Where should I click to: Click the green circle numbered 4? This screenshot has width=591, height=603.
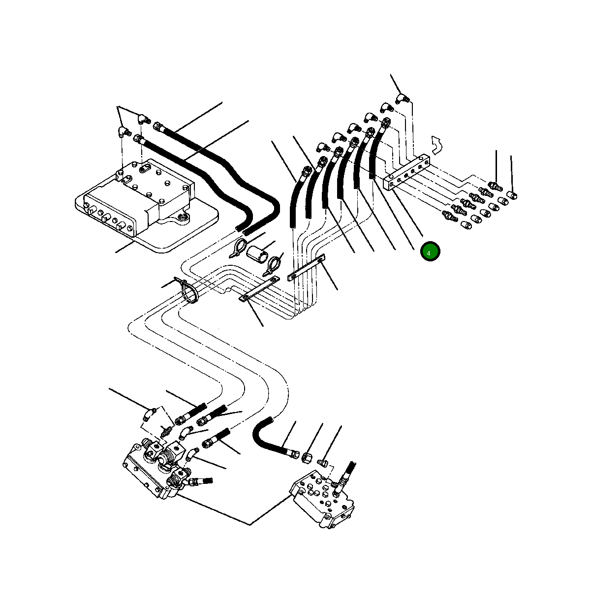pos(430,252)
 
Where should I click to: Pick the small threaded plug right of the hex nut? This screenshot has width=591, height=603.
pos(323,462)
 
